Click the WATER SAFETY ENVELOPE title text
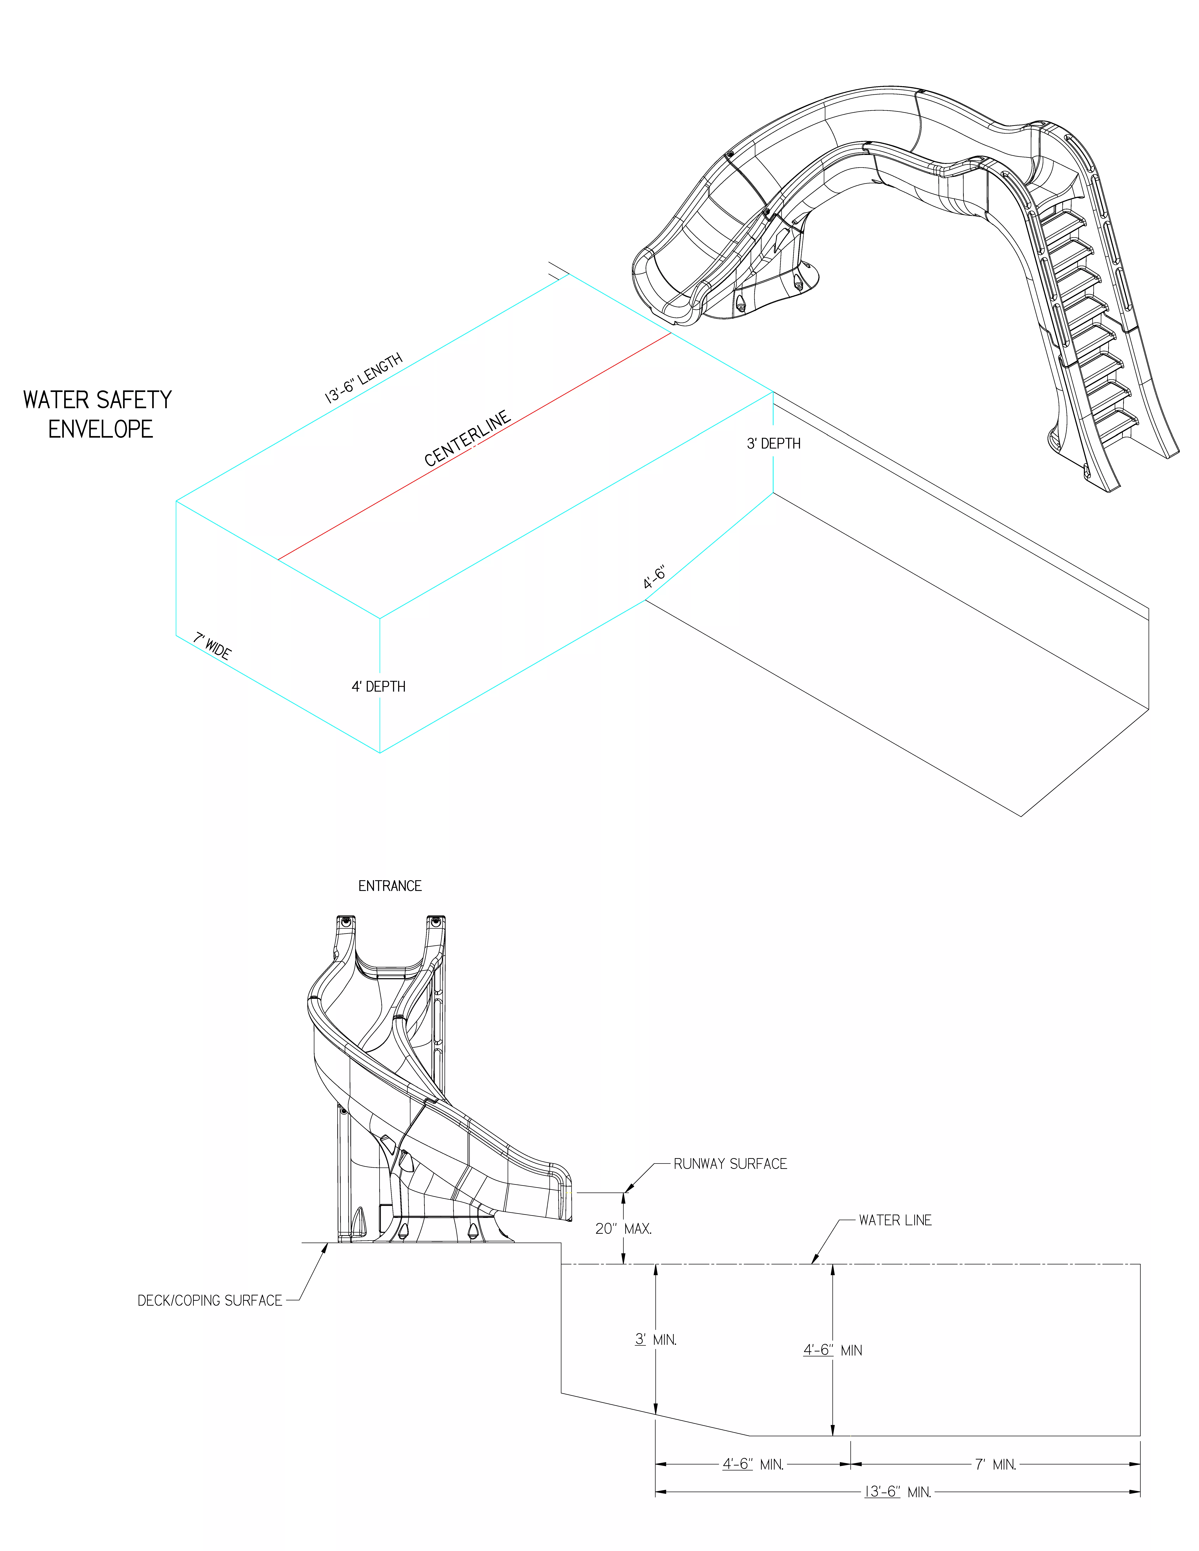coord(98,414)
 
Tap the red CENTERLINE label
coord(467,438)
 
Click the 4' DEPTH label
coord(379,687)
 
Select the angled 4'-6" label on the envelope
coord(654,577)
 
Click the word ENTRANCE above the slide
coord(390,886)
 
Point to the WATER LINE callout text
coord(895,1220)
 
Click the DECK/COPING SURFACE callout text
coord(209,1300)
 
